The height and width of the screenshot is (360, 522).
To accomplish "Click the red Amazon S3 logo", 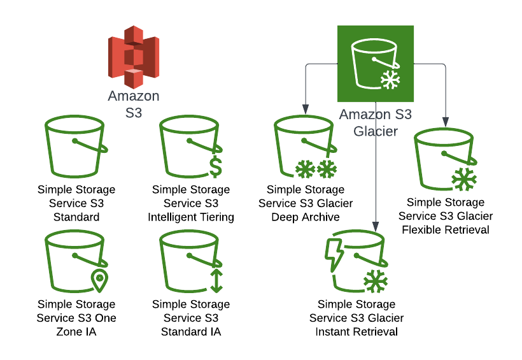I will pos(133,57).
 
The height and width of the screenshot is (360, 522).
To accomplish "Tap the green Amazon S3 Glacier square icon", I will pos(375,63).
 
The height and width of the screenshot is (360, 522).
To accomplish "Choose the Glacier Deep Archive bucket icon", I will pos(305,148).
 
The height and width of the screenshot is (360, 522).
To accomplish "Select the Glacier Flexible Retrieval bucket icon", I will pos(445,160).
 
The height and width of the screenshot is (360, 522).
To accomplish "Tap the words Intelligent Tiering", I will pos(191,217).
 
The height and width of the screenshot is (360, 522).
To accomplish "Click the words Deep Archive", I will pos(306,217).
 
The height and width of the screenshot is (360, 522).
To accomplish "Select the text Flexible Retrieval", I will pos(446,229).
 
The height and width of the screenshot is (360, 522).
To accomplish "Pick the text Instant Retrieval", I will pos(356,332).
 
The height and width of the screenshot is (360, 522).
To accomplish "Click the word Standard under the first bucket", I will pos(76,217).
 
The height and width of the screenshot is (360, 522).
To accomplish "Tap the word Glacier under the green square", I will pos(376,131).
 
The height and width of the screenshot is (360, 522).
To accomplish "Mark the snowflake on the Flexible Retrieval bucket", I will pos(464,180).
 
